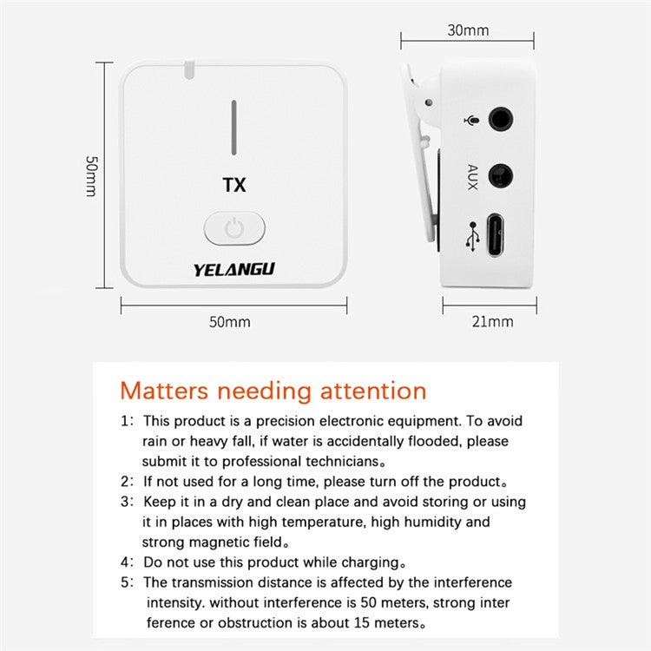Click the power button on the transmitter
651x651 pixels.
[234, 229]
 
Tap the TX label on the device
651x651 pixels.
[234, 185]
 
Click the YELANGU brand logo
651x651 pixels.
[233, 269]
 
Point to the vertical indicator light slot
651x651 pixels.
[233, 127]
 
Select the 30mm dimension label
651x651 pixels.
[468, 30]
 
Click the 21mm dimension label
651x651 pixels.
[492, 321]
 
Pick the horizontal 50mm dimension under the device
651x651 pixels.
[229, 321]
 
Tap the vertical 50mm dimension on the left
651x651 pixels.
[90, 176]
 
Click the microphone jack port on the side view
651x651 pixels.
[502, 118]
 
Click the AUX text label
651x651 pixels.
[472, 176]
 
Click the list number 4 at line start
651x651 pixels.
[125, 562]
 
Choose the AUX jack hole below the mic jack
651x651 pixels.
[502, 176]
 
